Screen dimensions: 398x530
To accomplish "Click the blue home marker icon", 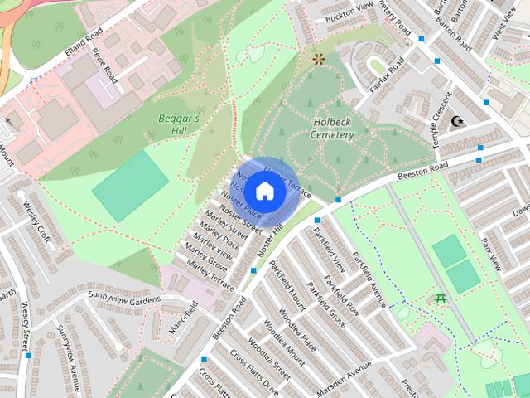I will (x=264, y=190).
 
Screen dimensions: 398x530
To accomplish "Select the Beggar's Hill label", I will (x=179, y=124).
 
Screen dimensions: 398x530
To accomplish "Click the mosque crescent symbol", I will (x=456, y=122).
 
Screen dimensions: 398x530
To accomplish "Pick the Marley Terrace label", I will (x=211, y=274).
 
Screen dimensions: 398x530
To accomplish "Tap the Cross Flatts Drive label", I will (x=254, y=371).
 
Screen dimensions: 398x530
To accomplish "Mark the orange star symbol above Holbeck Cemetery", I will (x=318, y=59).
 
